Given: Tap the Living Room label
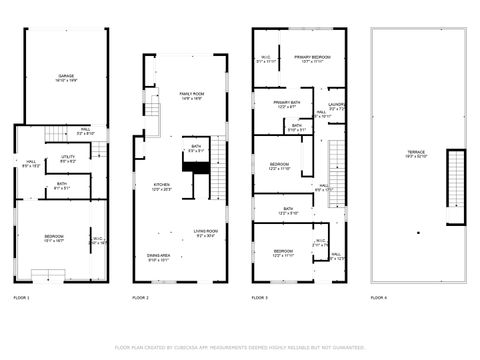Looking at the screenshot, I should coord(206,234).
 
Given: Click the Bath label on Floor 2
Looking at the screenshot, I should coord(196,149).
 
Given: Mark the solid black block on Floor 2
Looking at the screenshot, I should coord(200,179).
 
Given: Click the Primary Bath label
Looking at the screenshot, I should coord(287,104).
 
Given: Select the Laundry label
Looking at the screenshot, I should coord(336,106).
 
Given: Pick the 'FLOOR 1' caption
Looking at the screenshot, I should coord(21,298).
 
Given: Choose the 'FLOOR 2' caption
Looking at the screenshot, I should coord(141,298).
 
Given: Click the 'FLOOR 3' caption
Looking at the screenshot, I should coord(260,298).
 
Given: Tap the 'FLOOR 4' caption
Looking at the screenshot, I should coord(379,298).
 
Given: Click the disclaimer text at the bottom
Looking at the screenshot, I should coord(239,347).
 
